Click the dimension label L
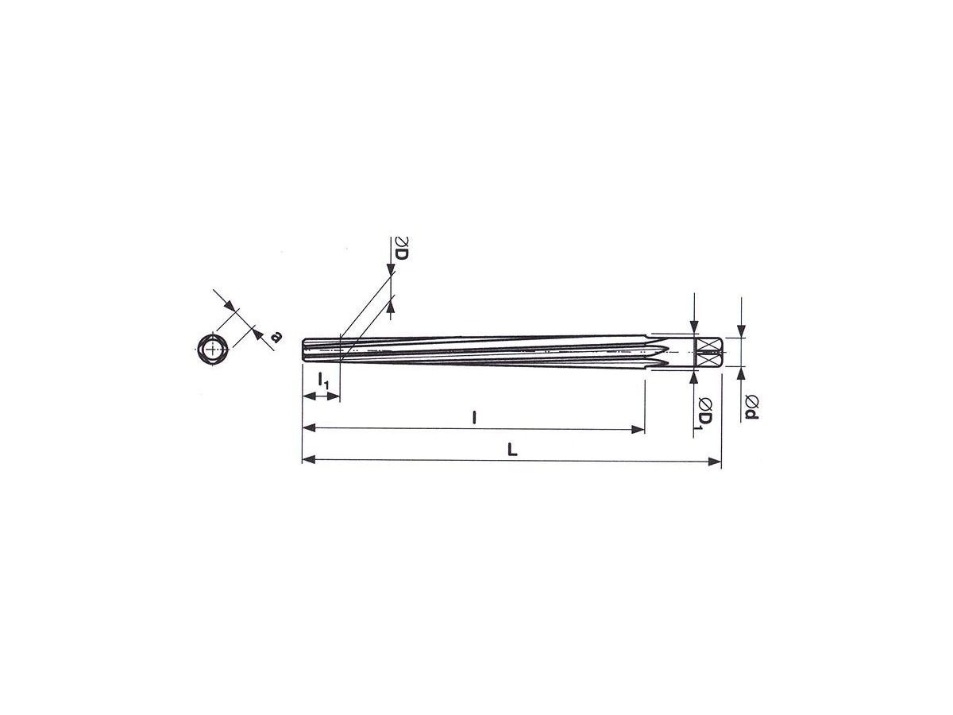coord(512,450)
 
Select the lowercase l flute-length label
coord(474,418)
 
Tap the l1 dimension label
coord(323,381)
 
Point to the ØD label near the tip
coord(401,249)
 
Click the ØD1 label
coord(705,413)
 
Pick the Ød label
coord(751,408)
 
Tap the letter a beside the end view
coord(276,336)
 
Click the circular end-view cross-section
coord(213,349)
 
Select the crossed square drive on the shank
coord(707,352)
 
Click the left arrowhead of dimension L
coord(308,460)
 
